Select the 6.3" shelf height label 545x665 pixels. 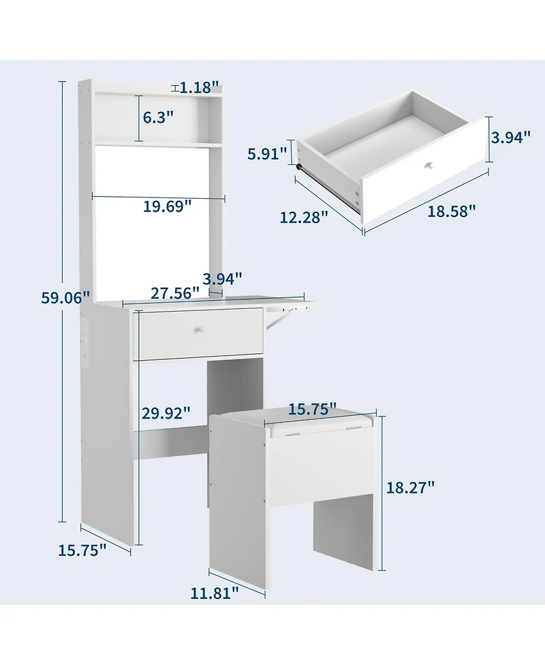click(x=157, y=116)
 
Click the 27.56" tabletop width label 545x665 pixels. click(x=175, y=293)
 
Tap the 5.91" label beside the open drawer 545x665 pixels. click(x=267, y=154)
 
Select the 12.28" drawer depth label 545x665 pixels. click(x=304, y=216)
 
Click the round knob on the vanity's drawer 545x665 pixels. click(x=201, y=330)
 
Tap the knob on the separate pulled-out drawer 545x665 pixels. click(x=429, y=165)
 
